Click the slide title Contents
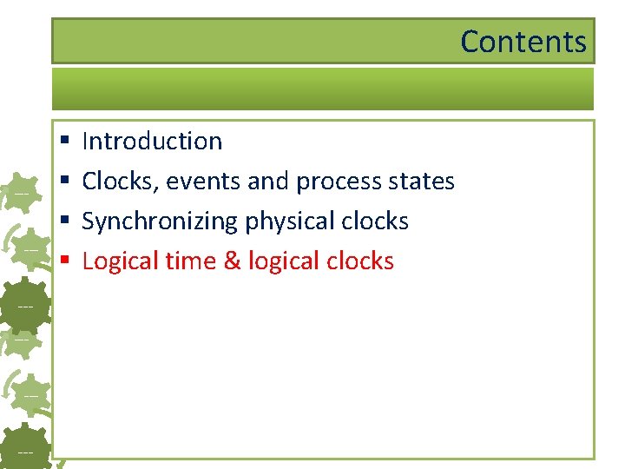(523, 42)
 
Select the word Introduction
(152, 141)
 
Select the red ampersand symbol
(233, 261)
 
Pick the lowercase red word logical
(280, 261)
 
